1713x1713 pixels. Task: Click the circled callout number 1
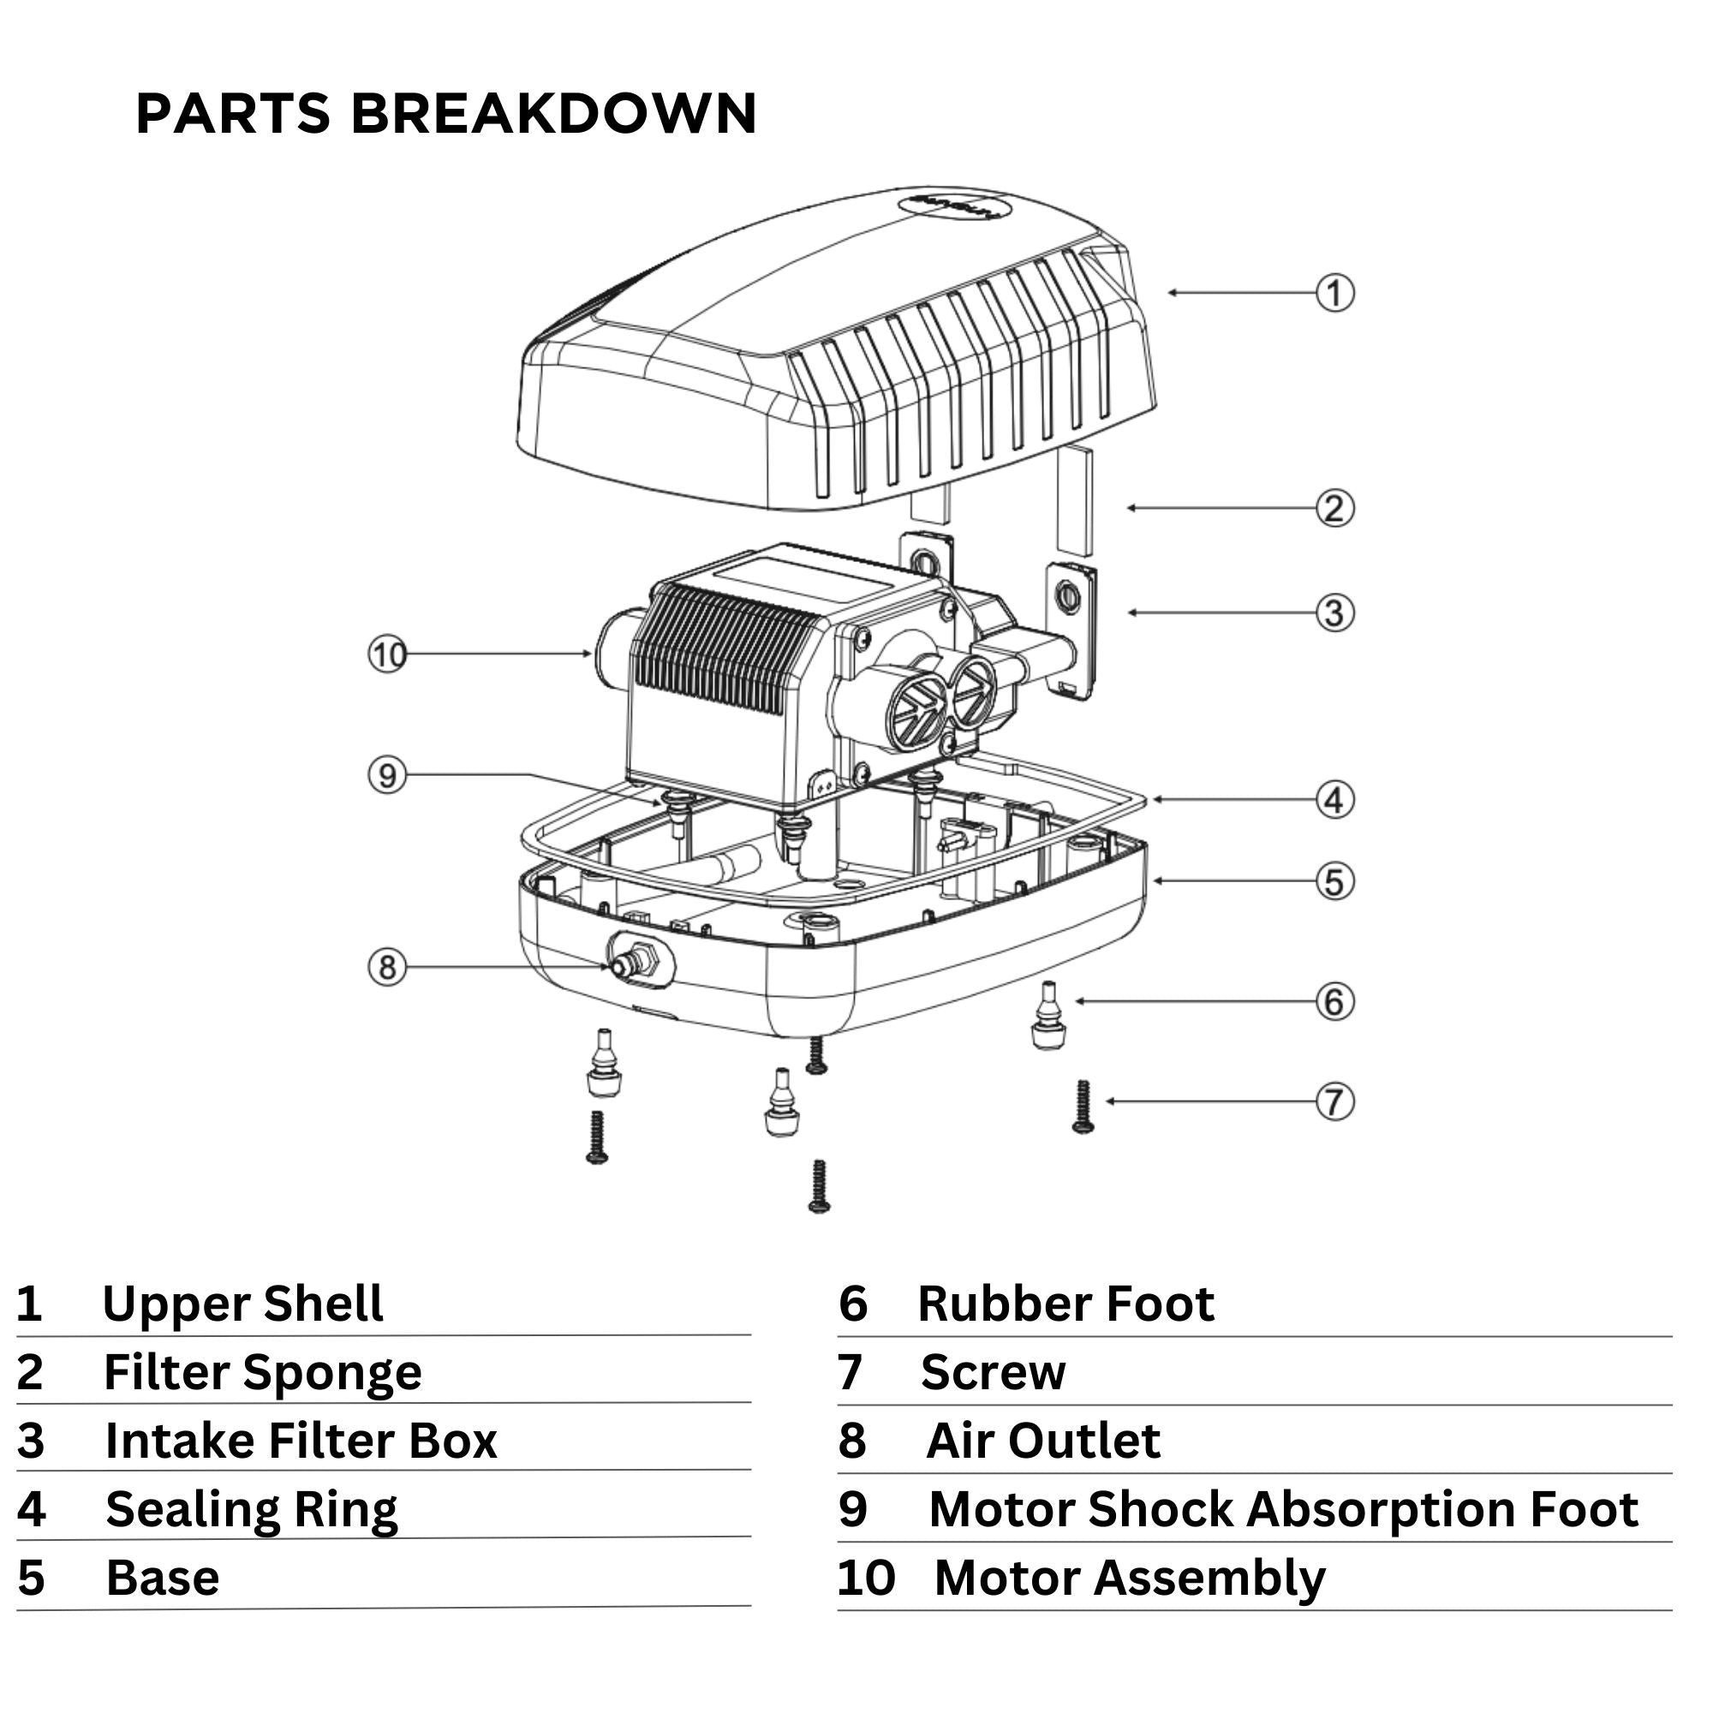(x=1334, y=294)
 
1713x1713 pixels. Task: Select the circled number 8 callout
(x=387, y=966)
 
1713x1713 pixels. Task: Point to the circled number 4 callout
(x=1334, y=801)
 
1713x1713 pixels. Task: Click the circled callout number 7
(x=1334, y=1103)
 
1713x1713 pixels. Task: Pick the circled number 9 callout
(x=387, y=777)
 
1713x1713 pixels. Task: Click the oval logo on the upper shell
(x=953, y=206)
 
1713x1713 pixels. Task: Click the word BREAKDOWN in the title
(x=554, y=114)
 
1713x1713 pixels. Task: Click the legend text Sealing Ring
(x=252, y=1510)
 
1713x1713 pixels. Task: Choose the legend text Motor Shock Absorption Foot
(x=1283, y=1510)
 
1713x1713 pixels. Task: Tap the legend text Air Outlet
(x=1042, y=1441)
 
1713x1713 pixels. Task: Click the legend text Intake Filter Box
(x=301, y=1441)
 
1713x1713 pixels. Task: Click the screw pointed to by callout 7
(x=1083, y=1107)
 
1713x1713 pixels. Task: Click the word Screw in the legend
(x=993, y=1372)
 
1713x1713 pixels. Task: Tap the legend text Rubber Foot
(x=1065, y=1304)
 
